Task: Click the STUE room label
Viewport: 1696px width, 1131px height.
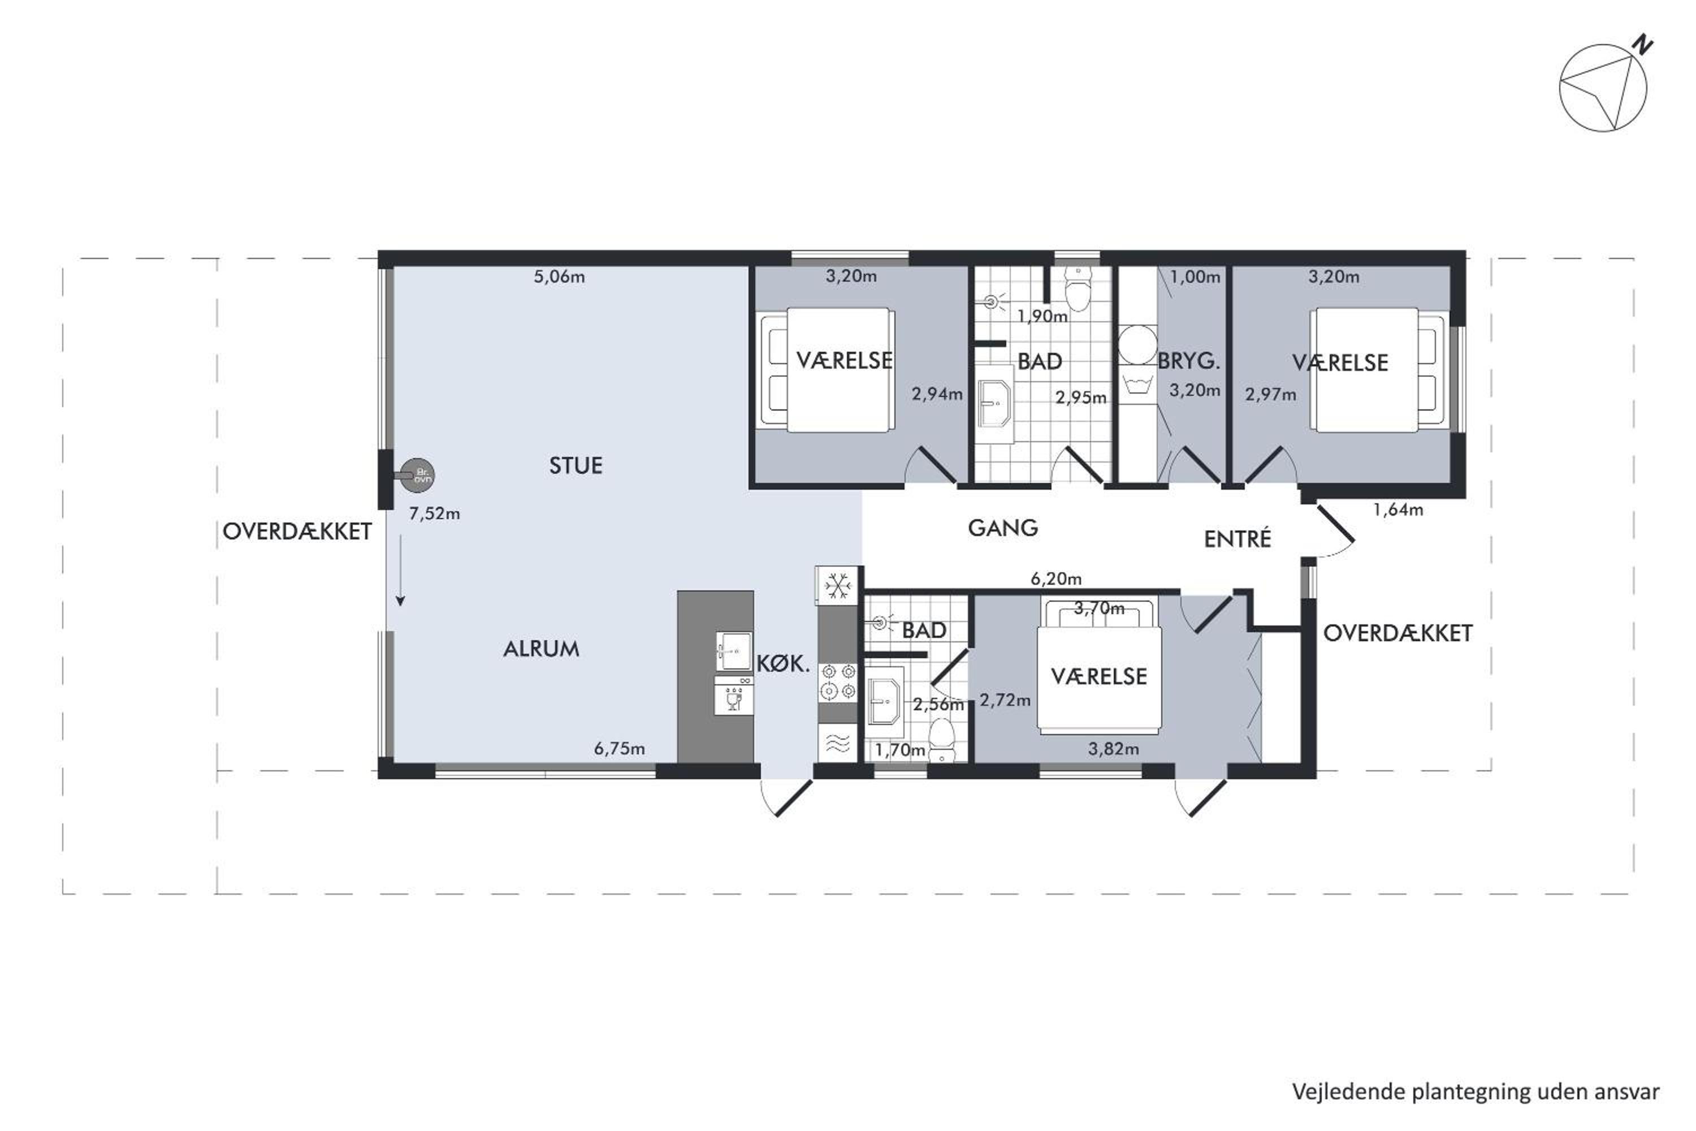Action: pyautogui.click(x=576, y=465)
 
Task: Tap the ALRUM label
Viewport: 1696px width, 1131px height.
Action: pyautogui.click(x=541, y=649)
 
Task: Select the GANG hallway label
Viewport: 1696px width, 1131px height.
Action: pyautogui.click(x=1002, y=528)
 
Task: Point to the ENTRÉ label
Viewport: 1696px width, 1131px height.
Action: pyautogui.click(x=1238, y=538)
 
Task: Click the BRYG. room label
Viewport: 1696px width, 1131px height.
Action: pyautogui.click(x=1188, y=361)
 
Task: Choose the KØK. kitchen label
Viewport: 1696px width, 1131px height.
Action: pyautogui.click(x=783, y=663)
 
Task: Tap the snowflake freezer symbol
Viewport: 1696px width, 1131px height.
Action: pyautogui.click(x=837, y=586)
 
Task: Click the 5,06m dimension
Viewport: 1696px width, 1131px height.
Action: pyautogui.click(x=559, y=277)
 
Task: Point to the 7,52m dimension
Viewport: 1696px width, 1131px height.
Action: pyautogui.click(x=434, y=513)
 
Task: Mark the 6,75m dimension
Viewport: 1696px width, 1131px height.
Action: pyautogui.click(x=620, y=749)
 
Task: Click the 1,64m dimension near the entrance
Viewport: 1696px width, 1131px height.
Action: pyautogui.click(x=1398, y=510)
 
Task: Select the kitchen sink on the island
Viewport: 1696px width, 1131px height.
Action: pyautogui.click(x=734, y=651)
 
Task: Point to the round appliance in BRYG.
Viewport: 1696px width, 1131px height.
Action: pyautogui.click(x=1137, y=345)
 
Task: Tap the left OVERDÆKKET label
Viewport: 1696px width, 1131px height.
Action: pyautogui.click(x=297, y=532)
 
